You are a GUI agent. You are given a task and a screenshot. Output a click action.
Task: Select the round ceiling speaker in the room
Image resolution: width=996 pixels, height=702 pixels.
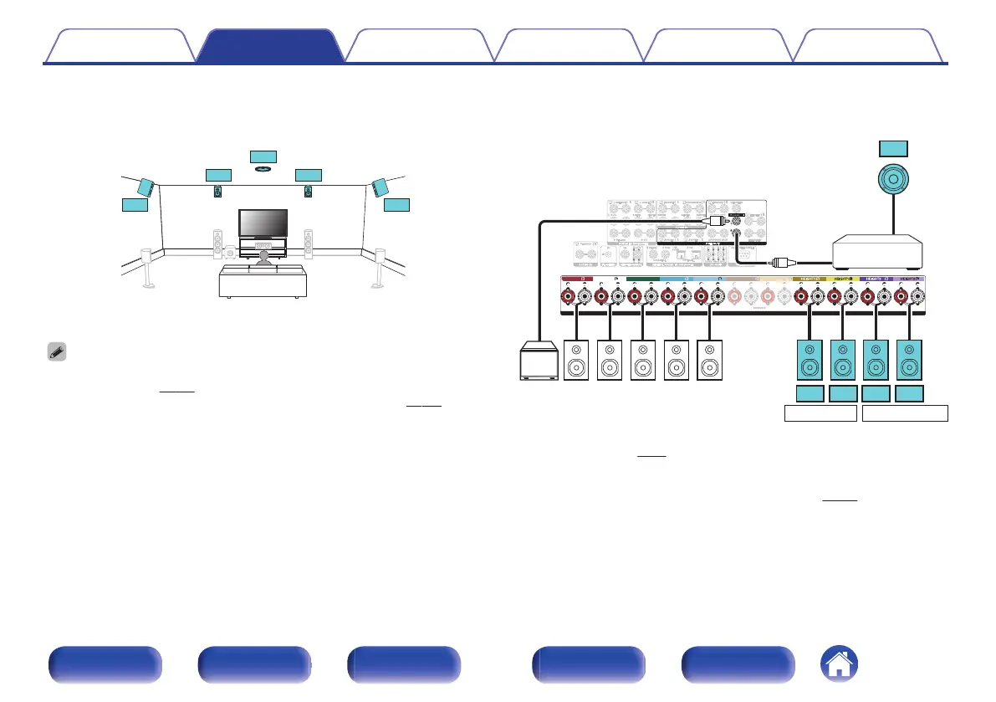coord(263,169)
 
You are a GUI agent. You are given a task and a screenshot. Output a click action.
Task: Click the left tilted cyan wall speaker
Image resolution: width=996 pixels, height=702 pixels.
coord(145,187)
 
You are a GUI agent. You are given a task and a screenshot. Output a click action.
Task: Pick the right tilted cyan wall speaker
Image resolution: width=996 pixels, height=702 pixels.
coord(381,186)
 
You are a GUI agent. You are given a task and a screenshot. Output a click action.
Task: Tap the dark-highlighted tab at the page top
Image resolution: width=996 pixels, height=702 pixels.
coord(270,46)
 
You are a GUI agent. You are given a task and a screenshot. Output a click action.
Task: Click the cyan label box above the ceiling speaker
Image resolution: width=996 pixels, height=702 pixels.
coord(263,156)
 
